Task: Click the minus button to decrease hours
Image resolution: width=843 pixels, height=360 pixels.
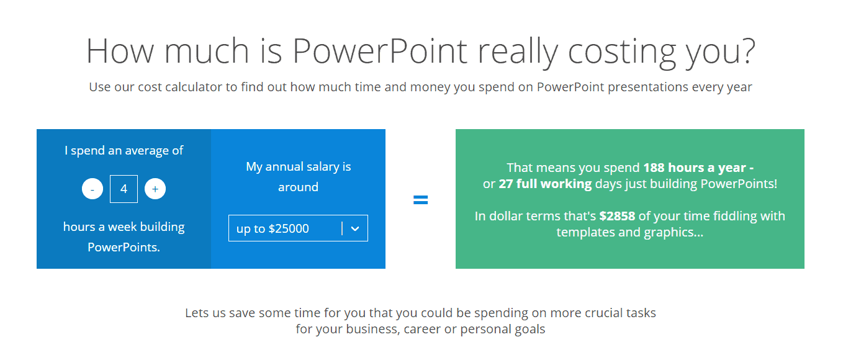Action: pos(92,189)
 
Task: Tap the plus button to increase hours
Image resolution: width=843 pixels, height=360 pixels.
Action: pos(155,189)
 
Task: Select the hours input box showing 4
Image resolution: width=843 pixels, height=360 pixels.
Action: pos(124,189)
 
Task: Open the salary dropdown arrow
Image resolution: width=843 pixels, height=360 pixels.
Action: pos(355,228)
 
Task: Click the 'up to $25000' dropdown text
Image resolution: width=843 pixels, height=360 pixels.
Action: pos(273,228)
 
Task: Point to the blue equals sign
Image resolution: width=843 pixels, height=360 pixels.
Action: pos(420,200)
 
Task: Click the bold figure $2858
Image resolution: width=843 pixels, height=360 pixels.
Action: pos(617,216)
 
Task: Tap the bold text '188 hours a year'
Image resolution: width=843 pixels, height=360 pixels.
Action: pos(695,168)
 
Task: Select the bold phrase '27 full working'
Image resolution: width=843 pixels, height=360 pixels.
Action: pos(545,184)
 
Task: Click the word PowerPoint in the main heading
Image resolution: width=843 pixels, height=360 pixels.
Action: pos(380,51)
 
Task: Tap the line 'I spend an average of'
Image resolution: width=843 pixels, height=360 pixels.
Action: pos(124,150)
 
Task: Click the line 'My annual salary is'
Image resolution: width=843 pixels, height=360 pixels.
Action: pos(299,166)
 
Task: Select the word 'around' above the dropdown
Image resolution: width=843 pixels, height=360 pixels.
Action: pos(298,187)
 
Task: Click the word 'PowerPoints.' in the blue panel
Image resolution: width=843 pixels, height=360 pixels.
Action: pos(124,247)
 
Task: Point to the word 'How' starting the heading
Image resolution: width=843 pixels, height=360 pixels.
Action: pos(120,51)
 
